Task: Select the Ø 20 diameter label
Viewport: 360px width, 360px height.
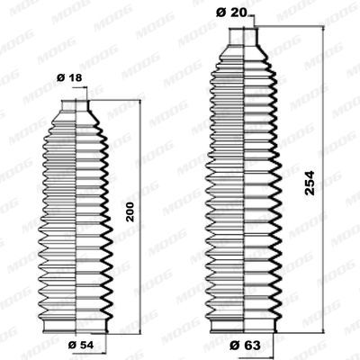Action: (229, 12)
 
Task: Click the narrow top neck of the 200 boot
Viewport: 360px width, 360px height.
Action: (76, 107)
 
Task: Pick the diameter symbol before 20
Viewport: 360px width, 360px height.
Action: (220, 12)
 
